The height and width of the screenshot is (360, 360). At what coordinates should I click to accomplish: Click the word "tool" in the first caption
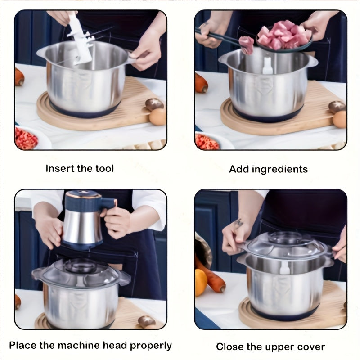(x=105, y=168)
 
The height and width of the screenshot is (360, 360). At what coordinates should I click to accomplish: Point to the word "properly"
(x=151, y=346)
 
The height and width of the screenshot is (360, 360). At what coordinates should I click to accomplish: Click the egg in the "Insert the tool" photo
(x=158, y=117)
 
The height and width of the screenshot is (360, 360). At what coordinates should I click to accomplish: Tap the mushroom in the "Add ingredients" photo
(x=337, y=107)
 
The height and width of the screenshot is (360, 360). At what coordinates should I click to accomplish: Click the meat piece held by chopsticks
(x=247, y=45)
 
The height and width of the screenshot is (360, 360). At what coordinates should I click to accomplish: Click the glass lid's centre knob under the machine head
(x=81, y=266)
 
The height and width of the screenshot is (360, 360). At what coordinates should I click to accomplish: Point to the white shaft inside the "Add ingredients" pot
(x=267, y=66)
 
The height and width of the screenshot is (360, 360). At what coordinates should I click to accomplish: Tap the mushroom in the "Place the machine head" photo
(x=147, y=321)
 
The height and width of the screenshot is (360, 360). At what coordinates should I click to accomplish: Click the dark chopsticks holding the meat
(x=218, y=36)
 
